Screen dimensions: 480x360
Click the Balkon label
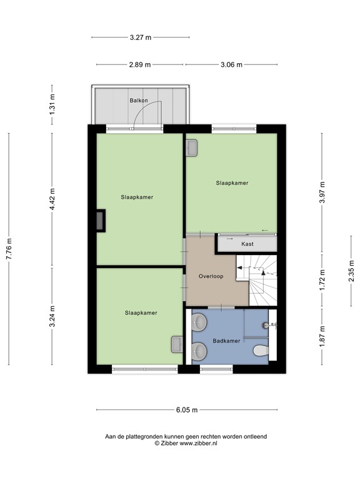(x=139, y=100)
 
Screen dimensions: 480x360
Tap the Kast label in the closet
(x=247, y=245)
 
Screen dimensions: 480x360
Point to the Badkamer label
(x=226, y=341)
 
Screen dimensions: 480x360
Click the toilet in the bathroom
(x=261, y=352)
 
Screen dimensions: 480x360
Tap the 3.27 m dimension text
(x=140, y=37)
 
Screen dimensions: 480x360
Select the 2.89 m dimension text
(x=140, y=64)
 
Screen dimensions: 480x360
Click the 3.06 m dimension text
(x=232, y=64)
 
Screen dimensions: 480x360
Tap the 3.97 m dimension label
(x=322, y=192)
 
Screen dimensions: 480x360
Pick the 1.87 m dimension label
(x=322, y=337)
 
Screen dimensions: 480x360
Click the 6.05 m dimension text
(x=186, y=410)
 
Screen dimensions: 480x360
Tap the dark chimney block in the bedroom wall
(x=100, y=221)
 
